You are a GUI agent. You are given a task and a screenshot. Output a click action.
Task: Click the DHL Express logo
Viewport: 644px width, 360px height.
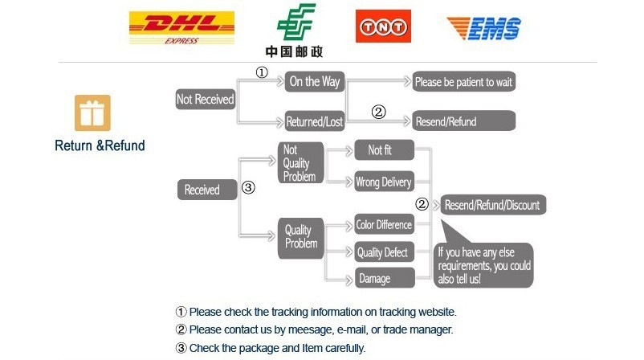point(181,28)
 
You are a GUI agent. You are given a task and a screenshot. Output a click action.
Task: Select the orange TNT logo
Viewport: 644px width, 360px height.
point(383,26)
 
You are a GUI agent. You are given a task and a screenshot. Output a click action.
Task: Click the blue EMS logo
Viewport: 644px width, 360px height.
point(483,27)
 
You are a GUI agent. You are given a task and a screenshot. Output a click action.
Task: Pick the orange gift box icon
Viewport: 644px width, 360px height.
point(92,112)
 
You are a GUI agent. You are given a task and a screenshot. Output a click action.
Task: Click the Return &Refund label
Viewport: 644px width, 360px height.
point(100,145)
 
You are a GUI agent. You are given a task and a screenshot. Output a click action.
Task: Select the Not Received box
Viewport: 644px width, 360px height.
point(205,100)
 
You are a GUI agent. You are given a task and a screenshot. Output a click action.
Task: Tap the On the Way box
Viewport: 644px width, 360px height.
point(315,81)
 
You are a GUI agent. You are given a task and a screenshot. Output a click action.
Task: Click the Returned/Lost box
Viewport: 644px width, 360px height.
point(315,122)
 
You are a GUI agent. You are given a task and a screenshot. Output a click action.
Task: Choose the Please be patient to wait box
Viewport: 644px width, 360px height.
point(463,82)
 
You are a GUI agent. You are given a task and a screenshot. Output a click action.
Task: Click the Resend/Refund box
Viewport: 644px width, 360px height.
point(463,121)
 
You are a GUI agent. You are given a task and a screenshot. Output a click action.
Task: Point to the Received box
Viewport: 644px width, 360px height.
point(202,190)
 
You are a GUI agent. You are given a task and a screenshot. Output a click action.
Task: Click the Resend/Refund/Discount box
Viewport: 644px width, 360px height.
point(492,204)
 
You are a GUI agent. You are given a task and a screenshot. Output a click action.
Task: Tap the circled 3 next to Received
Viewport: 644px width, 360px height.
point(248,188)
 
